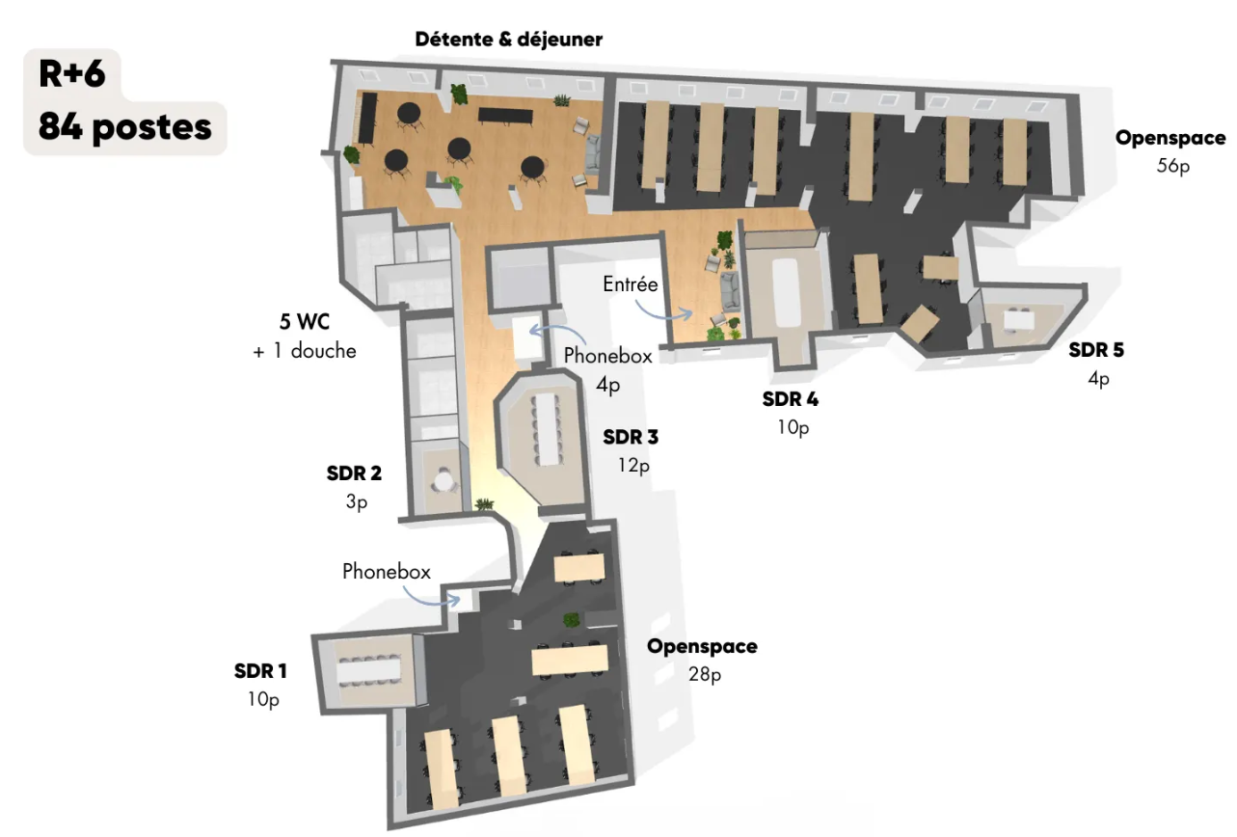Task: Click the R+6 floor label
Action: click(71, 73)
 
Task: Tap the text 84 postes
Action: click(125, 127)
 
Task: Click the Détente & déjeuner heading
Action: click(509, 40)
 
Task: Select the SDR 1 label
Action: click(260, 671)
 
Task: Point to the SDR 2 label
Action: click(354, 472)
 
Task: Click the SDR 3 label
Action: click(631, 437)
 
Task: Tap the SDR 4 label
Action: click(791, 399)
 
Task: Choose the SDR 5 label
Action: click(1096, 350)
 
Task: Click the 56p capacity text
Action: click(1173, 166)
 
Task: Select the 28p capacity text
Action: click(705, 674)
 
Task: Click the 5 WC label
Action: click(305, 321)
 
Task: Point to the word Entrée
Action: click(631, 284)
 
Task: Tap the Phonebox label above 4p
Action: click(608, 356)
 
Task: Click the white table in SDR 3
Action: click(548, 429)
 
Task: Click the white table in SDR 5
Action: click(1019, 320)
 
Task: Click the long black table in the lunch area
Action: click(505, 116)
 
